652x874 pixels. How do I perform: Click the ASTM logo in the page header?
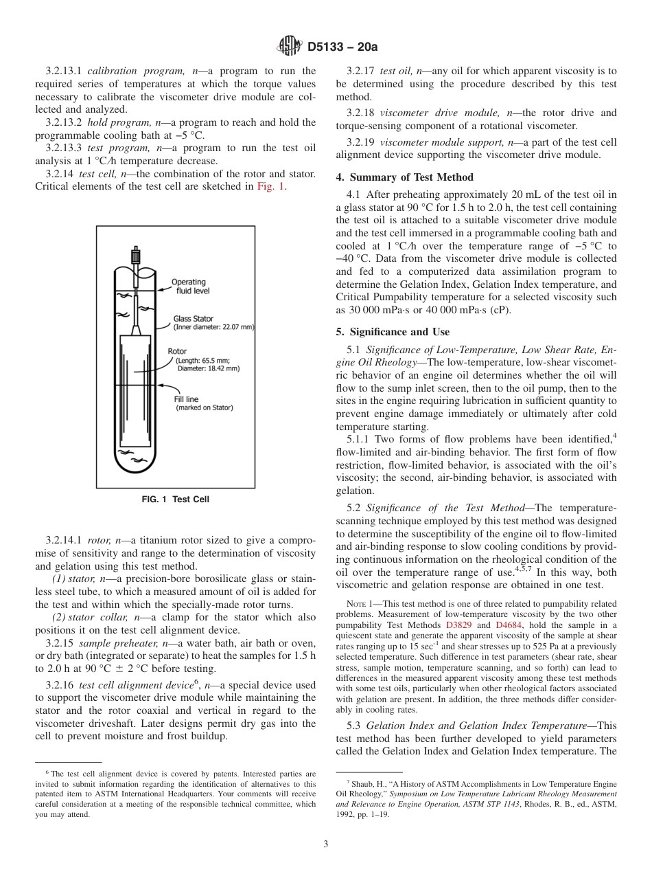click(289, 47)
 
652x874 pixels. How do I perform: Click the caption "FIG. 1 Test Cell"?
click(175, 500)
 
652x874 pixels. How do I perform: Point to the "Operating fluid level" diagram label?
click(190, 286)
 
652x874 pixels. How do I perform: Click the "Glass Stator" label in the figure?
click(193, 319)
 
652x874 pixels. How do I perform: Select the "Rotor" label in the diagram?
click(177, 351)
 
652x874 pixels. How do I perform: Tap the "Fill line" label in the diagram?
click(186, 399)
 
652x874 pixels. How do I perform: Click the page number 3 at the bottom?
click(326, 844)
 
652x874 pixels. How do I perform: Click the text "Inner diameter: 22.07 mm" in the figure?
click(213, 328)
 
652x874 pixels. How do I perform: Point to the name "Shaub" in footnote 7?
click(366, 784)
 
